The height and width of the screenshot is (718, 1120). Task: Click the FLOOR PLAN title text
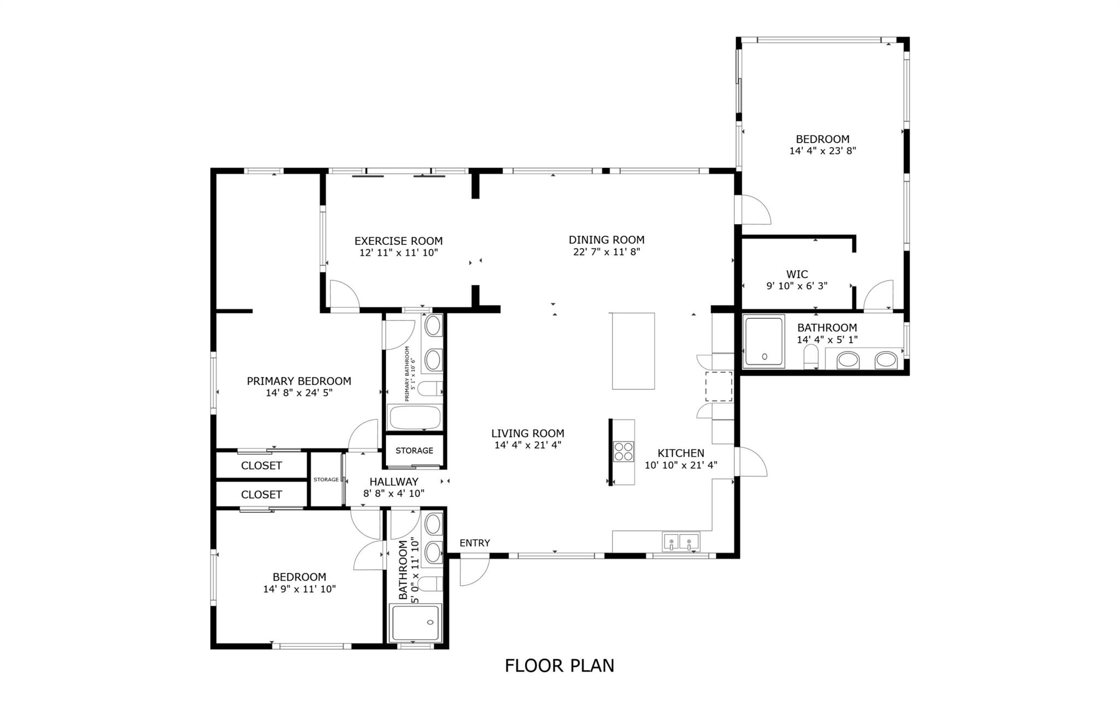[559, 666]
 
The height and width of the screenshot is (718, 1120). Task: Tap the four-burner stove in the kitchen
[623, 452]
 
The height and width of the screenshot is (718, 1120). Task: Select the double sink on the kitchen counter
[681, 542]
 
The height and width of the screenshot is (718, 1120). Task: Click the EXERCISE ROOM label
[399, 241]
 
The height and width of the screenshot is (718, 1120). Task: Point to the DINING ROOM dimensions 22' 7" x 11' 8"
[606, 252]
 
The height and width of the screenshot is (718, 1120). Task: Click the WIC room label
[797, 274]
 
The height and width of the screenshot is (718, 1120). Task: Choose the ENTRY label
[475, 543]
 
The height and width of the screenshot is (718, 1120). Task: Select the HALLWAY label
[394, 482]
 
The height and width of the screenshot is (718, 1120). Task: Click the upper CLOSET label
[261, 465]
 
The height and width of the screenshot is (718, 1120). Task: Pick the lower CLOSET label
[261, 494]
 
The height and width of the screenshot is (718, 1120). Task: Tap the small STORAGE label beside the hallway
[326, 480]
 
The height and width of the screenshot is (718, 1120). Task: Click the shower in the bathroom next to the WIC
[763, 341]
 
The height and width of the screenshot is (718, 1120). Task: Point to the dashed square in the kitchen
[719, 386]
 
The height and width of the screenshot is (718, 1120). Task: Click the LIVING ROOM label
[528, 434]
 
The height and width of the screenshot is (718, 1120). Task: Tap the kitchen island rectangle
[633, 351]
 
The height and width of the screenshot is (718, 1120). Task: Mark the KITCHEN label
[681, 453]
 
